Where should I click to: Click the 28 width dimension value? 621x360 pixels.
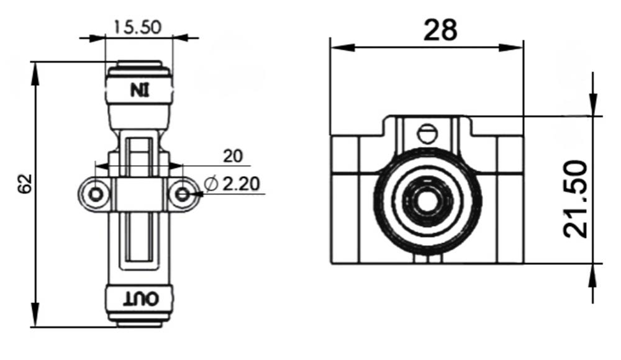point(440,29)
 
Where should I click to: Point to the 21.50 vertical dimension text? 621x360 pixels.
point(576,199)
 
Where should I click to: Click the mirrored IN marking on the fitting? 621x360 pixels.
point(140,89)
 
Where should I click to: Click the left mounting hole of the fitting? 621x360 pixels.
point(95,195)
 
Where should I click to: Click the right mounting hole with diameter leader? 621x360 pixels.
point(182,195)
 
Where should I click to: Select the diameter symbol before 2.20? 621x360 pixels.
point(211,184)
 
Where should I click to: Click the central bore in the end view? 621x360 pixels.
point(427,200)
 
